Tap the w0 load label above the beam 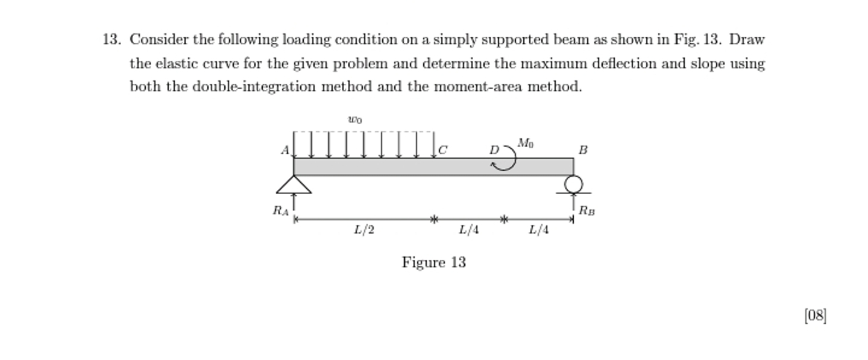tap(355, 120)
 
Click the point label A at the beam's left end tap(285, 150)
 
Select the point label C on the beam tap(443, 150)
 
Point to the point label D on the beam tap(494, 150)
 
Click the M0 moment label tap(526, 144)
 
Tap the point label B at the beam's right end tap(583, 150)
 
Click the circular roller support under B tap(574, 184)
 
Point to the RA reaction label tap(280, 211)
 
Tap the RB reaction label tap(587, 211)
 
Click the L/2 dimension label tap(364, 230)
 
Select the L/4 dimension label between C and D tap(469, 230)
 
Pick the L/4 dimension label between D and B tap(539, 230)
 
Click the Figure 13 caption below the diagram tap(434, 262)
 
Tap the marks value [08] tap(815, 315)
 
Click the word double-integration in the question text tap(254, 87)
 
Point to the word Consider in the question tap(160, 40)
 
